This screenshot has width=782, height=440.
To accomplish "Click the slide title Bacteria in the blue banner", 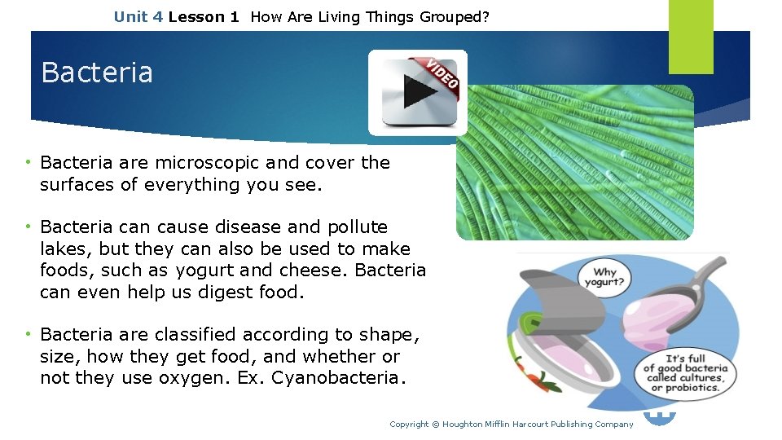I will coord(97,73).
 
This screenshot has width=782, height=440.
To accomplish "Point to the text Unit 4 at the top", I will coord(138,15).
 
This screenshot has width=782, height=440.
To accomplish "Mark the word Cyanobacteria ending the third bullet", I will coord(337,378).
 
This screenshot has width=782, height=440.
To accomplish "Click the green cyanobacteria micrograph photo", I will coord(574,163).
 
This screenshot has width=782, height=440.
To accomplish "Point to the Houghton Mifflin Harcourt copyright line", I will coord(511,424).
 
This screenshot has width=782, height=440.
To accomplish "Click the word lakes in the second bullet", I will coord(62,249).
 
